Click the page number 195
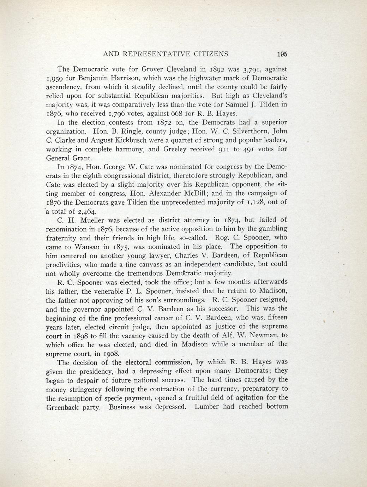282,54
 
